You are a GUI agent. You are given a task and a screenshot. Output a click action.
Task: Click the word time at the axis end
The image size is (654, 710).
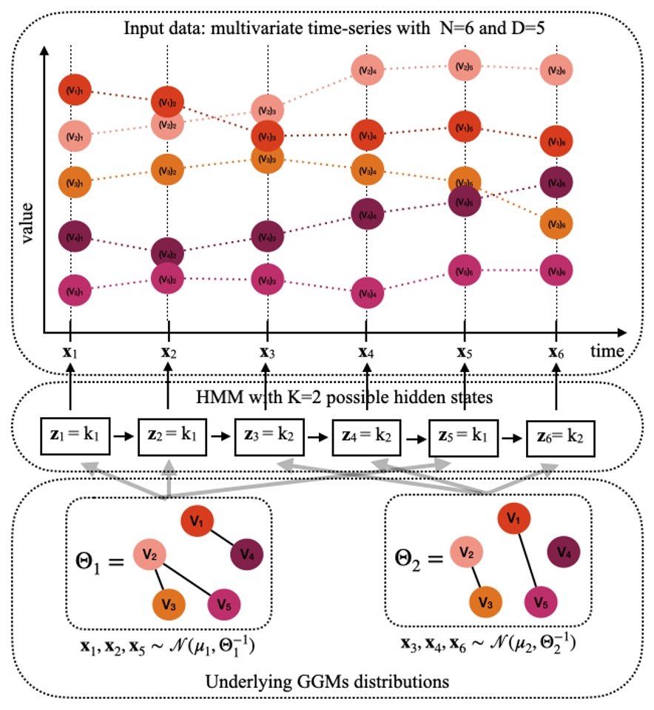click(x=607, y=350)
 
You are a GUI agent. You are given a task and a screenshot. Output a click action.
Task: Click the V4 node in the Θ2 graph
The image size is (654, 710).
click(x=563, y=552)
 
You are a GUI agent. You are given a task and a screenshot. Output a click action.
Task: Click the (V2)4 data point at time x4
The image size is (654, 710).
click(x=366, y=70)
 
